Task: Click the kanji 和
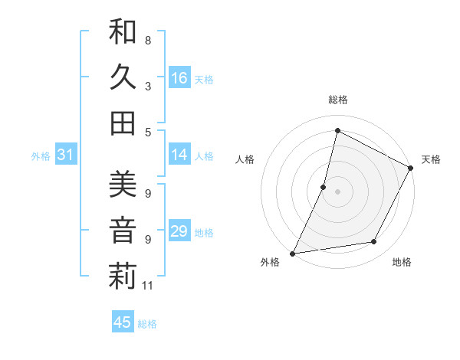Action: pyautogui.click(x=123, y=32)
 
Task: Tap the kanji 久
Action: pyautogui.click(x=123, y=78)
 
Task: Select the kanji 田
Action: pyautogui.click(x=123, y=123)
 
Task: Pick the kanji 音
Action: pyautogui.click(x=123, y=231)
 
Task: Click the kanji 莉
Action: pyautogui.click(x=123, y=277)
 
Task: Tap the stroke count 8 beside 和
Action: pyautogui.click(x=147, y=40)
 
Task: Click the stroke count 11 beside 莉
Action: pyautogui.click(x=148, y=286)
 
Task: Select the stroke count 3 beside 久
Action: pyautogui.click(x=147, y=86)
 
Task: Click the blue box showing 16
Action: pyautogui.click(x=179, y=78)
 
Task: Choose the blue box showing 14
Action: pyautogui.click(x=179, y=155)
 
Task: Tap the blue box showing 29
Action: pyautogui.click(x=179, y=231)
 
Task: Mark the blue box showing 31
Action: pyautogui.click(x=66, y=155)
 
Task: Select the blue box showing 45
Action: pyautogui.click(x=123, y=322)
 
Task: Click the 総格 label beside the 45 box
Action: pyautogui.click(x=147, y=324)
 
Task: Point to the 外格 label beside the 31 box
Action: pyautogui.click(x=41, y=156)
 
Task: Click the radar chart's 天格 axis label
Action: pyautogui.click(x=431, y=159)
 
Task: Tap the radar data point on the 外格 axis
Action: pyautogui.click(x=292, y=253)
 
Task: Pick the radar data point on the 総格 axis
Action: pyautogui.click(x=337, y=131)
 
